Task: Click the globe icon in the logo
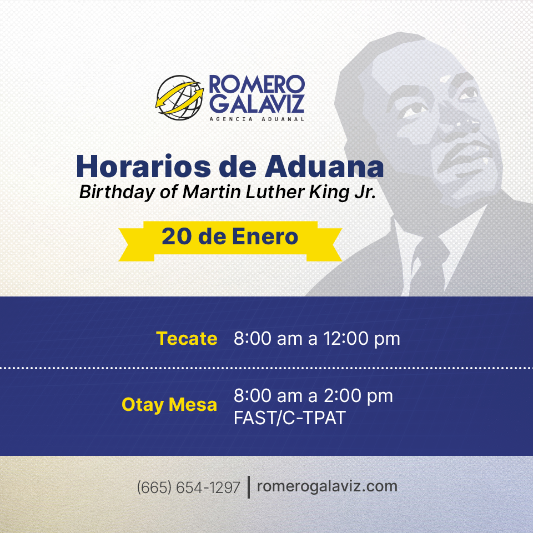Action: [180, 98]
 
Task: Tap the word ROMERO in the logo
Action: [257, 84]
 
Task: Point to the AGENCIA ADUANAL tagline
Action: [257, 119]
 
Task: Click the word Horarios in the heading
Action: [143, 167]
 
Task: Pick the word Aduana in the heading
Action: [324, 167]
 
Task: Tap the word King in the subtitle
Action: [329, 193]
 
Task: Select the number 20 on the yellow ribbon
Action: [177, 237]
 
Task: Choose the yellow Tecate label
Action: [187, 339]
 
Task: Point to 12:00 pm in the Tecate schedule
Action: [361, 339]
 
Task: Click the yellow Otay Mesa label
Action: [169, 405]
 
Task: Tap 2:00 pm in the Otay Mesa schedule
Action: [358, 396]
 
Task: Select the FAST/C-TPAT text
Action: [290, 418]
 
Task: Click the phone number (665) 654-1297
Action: [188, 487]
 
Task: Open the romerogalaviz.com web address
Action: [327, 486]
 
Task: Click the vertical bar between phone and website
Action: [249, 487]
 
